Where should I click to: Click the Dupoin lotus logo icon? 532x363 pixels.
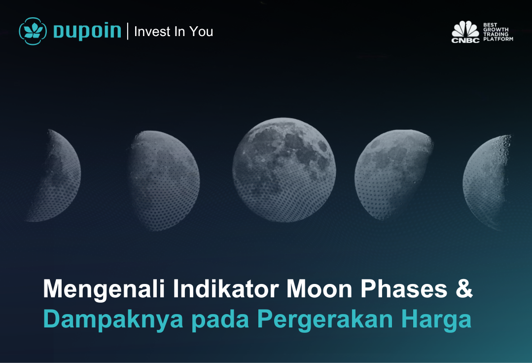point(33,31)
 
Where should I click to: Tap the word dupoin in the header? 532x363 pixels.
point(87,31)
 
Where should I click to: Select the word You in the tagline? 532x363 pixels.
point(201,32)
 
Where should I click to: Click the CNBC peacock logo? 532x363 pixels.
point(465,32)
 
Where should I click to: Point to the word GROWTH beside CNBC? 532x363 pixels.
point(496,30)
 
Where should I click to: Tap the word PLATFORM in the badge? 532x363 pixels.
point(498,39)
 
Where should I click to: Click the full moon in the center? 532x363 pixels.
point(284,170)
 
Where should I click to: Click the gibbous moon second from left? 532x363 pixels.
point(164,180)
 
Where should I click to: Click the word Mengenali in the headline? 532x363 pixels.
point(104,289)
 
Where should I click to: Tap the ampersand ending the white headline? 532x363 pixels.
point(464,288)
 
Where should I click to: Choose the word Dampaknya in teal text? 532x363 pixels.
point(113,320)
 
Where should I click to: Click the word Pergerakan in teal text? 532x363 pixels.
point(325,320)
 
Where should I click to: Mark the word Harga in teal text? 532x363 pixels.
point(436,320)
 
